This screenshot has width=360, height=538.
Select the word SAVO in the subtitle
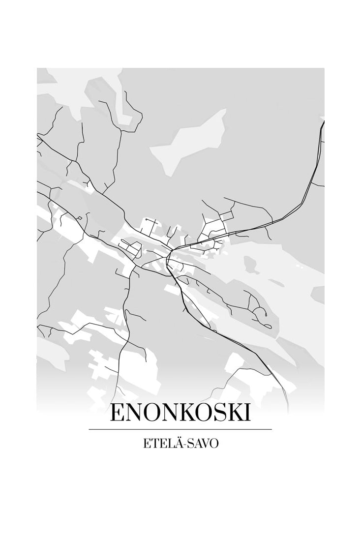click(x=202, y=443)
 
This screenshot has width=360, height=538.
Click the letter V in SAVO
click(x=204, y=443)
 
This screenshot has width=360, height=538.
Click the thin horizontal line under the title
click(x=180, y=429)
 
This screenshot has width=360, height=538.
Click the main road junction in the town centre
click(x=169, y=253)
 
